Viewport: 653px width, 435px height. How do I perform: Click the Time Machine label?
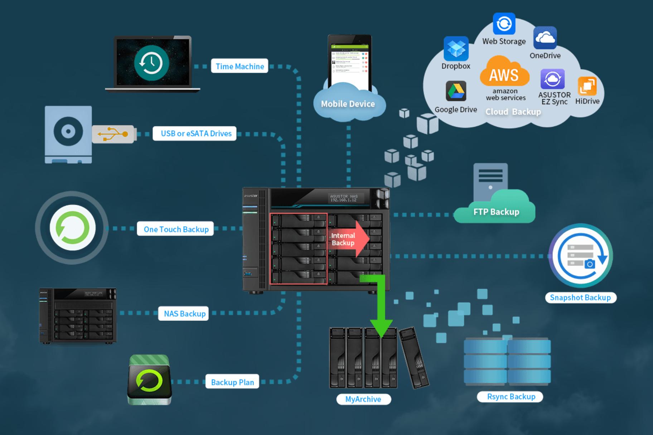[240, 66]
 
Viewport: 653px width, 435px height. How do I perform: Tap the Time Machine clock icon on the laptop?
[151, 63]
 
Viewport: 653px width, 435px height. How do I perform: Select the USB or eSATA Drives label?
[196, 134]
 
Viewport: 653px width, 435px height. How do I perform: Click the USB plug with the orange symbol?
[113, 134]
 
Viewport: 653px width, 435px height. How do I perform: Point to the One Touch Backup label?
[176, 229]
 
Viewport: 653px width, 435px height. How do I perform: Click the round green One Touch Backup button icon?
[72, 228]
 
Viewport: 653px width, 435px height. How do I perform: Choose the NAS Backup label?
[184, 314]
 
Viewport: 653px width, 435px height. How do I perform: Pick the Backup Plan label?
[232, 382]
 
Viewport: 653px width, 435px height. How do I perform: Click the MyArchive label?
[363, 399]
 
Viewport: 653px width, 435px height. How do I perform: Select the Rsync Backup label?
[511, 397]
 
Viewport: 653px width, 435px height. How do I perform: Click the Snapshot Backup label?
[580, 298]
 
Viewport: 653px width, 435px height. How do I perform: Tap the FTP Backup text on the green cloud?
[496, 212]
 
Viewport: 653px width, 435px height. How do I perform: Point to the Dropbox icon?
[456, 48]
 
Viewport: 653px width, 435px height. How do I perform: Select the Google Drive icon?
[456, 91]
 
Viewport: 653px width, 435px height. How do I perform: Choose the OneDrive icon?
[545, 38]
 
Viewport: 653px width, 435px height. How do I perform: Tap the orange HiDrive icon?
[587, 86]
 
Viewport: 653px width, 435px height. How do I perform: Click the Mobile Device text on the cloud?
[348, 104]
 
